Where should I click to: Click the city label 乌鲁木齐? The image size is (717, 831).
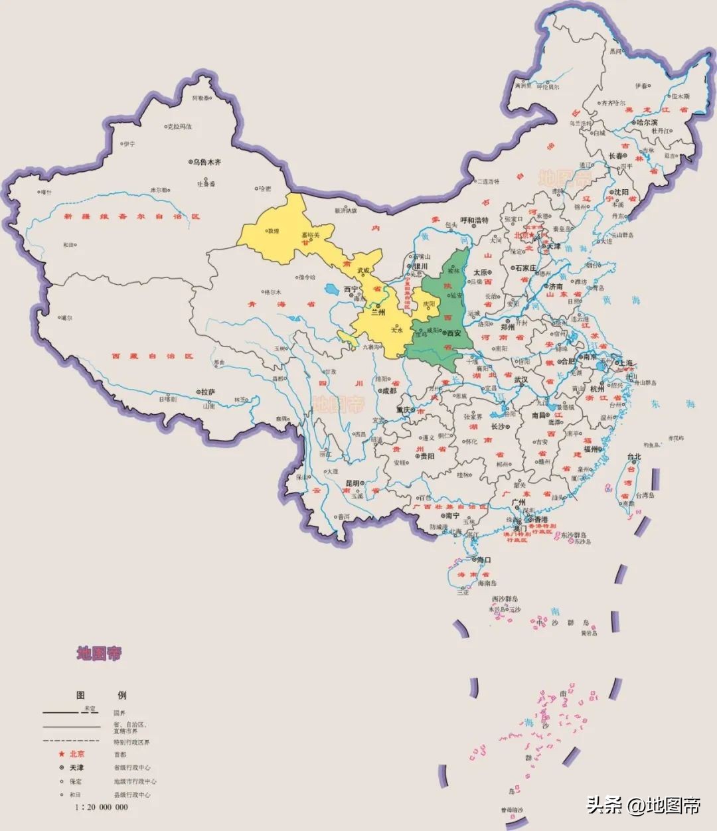pyautogui.click(x=207, y=161)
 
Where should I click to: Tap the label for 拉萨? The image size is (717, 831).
pyautogui.click(x=208, y=392)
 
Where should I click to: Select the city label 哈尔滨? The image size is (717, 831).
pyautogui.click(x=646, y=122)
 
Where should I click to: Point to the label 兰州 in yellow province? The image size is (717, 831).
pyautogui.click(x=378, y=312)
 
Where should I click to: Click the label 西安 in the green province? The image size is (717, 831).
pyautogui.click(x=454, y=333)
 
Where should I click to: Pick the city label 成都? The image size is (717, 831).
pyautogui.click(x=388, y=391)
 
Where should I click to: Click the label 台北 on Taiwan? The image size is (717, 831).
pyautogui.click(x=634, y=457)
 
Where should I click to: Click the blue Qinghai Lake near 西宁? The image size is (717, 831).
pyautogui.click(x=331, y=289)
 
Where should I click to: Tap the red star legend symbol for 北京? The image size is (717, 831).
pyautogui.click(x=61, y=754)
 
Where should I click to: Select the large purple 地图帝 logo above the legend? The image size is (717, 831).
pyautogui.click(x=99, y=654)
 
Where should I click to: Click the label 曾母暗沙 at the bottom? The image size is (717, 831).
pyautogui.click(x=512, y=810)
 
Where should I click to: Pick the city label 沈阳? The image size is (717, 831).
pyautogui.click(x=621, y=191)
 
